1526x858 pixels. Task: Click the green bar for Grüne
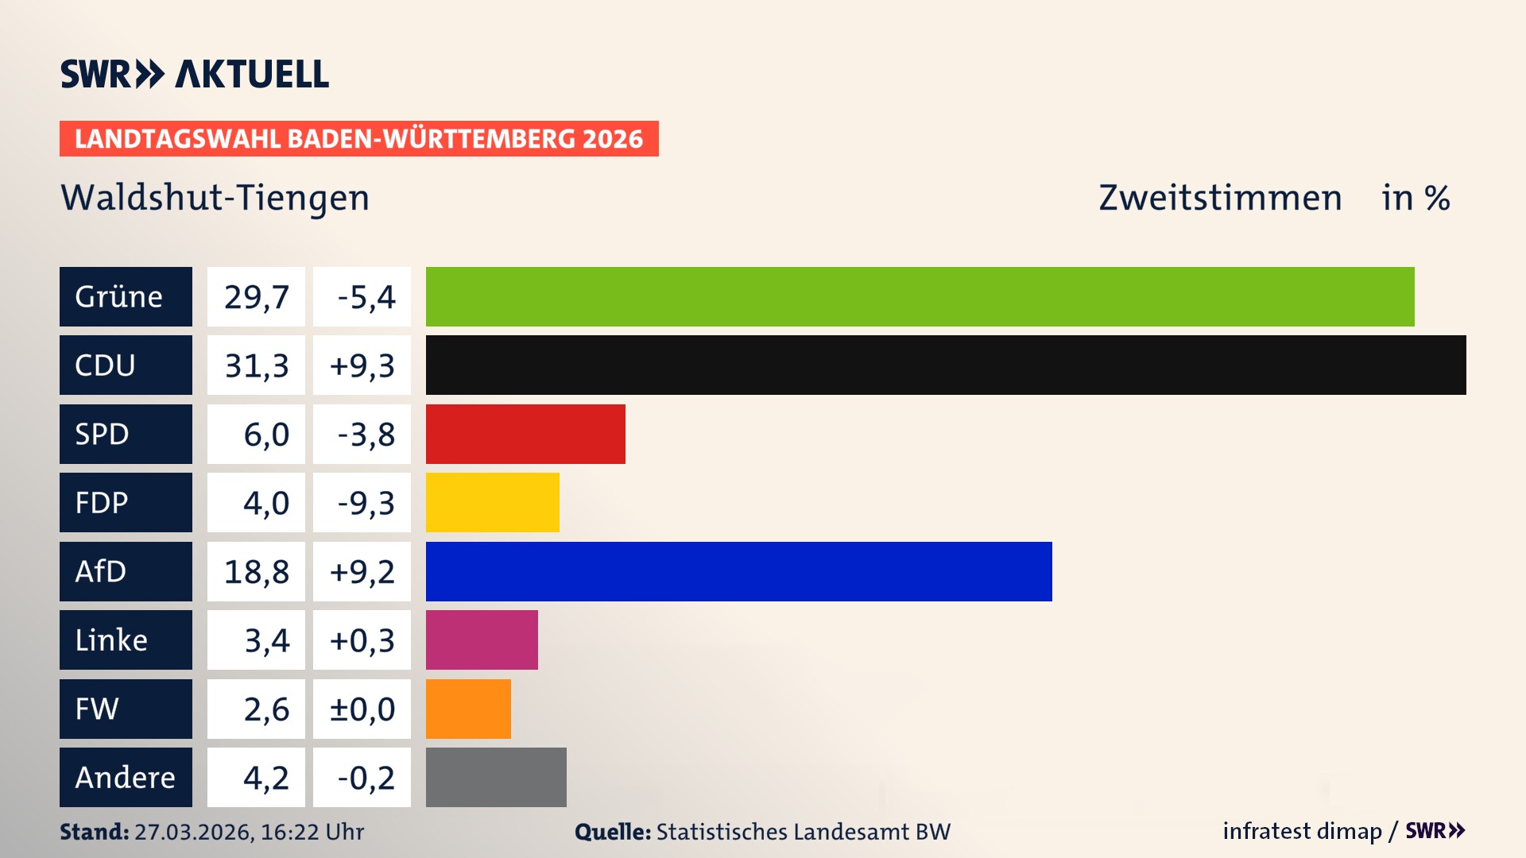click(x=920, y=296)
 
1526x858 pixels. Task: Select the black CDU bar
click(x=946, y=365)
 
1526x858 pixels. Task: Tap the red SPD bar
click(x=525, y=434)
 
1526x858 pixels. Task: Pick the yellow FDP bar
click(x=492, y=502)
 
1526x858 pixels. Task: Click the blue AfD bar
click(x=738, y=571)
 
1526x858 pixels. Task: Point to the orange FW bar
click(x=468, y=709)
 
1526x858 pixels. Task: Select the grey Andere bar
click(x=496, y=777)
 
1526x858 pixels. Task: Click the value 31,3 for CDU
click(x=256, y=365)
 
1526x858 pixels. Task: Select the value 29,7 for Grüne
click(x=256, y=297)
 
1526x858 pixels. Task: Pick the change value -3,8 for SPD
click(x=365, y=435)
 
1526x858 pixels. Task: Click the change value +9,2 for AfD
click(x=362, y=572)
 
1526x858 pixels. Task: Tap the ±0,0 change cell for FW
click(x=362, y=709)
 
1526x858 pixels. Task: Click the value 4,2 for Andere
click(x=265, y=778)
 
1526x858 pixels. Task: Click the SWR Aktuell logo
click(x=194, y=74)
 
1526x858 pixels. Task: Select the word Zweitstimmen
click(x=1220, y=198)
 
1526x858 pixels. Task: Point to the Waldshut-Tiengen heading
click(x=215, y=198)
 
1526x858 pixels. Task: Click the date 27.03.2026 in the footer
click(x=194, y=832)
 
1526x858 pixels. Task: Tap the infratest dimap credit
click(x=1302, y=831)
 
